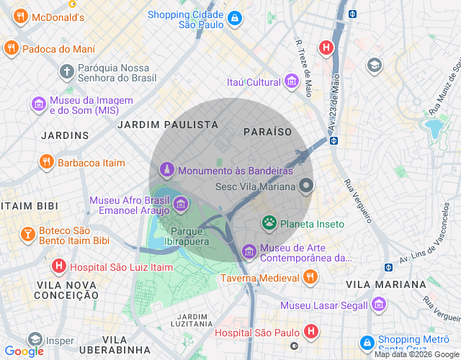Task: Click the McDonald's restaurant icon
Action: (21, 17)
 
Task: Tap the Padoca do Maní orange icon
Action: (11, 49)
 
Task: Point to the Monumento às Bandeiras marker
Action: (166, 171)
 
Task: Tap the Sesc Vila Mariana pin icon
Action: (307, 186)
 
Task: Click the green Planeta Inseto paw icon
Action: (269, 223)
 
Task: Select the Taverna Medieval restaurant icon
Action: (310, 277)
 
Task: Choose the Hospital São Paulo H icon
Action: (310, 332)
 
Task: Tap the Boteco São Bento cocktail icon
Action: (27, 235)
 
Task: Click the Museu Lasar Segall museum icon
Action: (379, 305)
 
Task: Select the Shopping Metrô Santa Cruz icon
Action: (367, 343)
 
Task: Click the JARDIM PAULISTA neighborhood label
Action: (167, 125)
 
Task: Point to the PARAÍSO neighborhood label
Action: (267, 132)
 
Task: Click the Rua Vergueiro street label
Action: (357, 200)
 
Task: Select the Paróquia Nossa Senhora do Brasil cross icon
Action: (66, 71)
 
